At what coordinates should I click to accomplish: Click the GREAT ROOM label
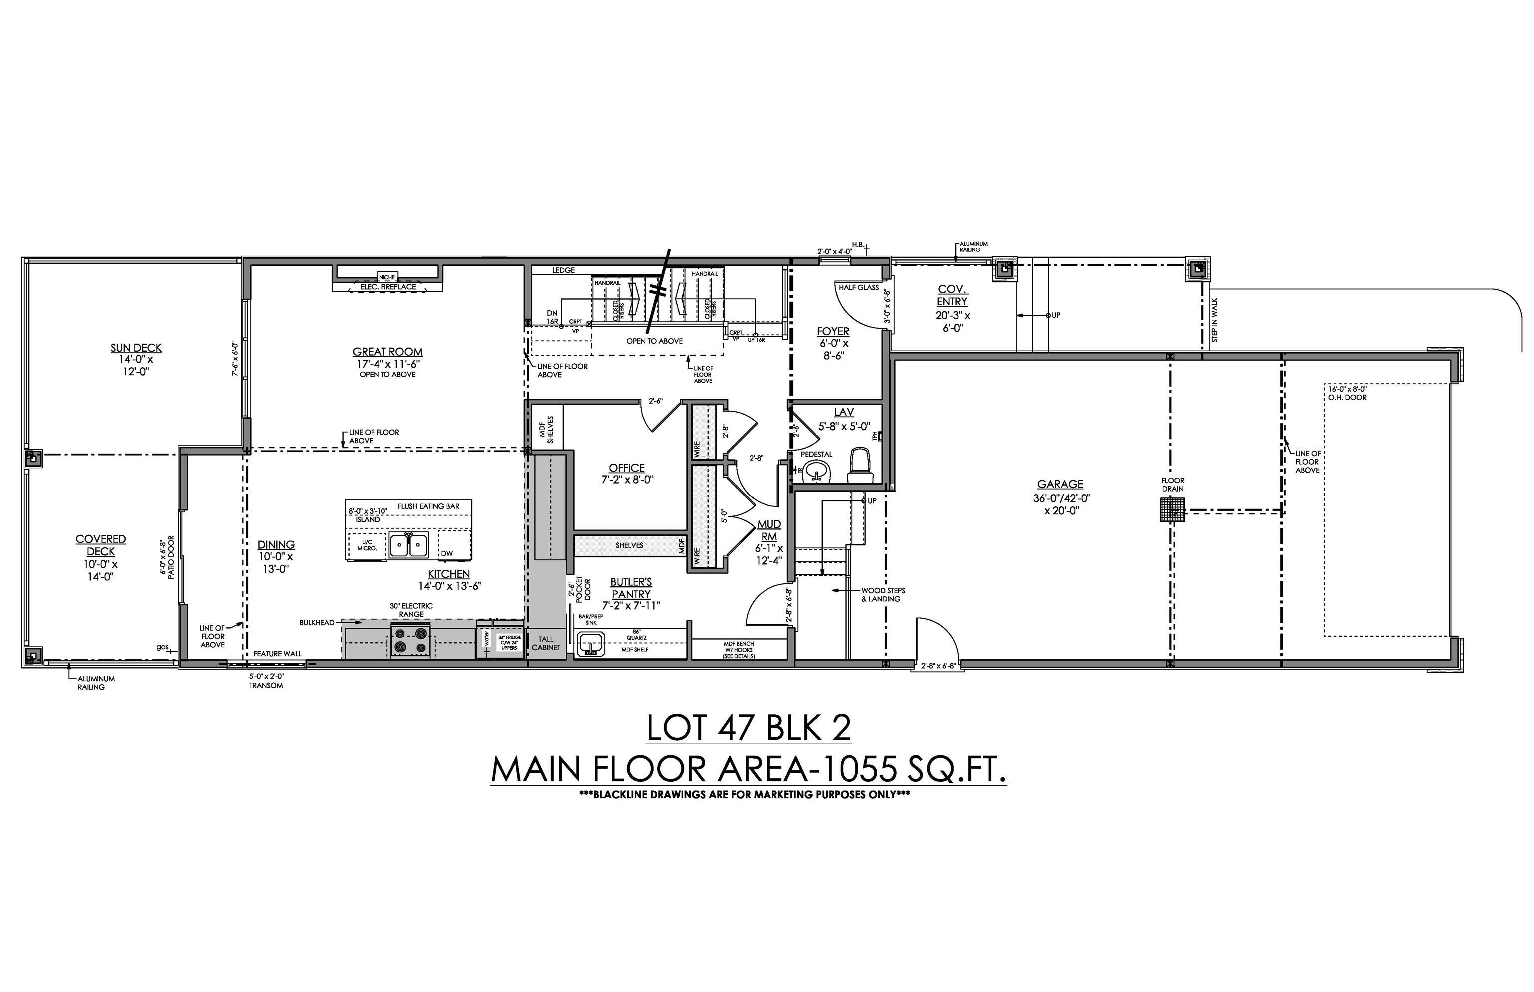(x=387, y=352)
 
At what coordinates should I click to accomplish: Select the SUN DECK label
(x=136, y=348)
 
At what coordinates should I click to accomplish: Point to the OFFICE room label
(x=627, y=468)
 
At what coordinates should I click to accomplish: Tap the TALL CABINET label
(x=546, y=643)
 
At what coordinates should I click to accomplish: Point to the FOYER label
(x=833, y=332)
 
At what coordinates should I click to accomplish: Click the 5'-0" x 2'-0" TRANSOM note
(x=266, y=681)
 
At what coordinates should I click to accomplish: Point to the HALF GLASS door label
(x=858, y=287)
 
